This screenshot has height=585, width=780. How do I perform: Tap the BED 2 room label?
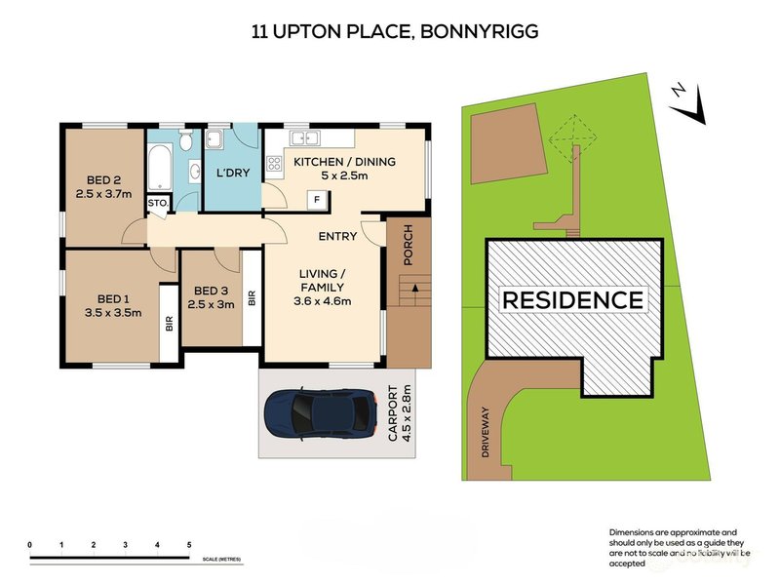coord(103,179)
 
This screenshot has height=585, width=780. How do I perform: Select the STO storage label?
coord(156,203)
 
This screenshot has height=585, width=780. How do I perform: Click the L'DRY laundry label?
coord(230,173)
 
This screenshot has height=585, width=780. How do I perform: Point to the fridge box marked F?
coord(317,200)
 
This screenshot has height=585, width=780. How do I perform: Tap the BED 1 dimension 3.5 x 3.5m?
coord(113,313)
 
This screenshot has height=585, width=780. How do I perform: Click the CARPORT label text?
coord(393,413)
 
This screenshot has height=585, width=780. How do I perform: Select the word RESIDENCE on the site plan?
coord(572,299)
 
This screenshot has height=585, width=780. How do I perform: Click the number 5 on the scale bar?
coord(189,543)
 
